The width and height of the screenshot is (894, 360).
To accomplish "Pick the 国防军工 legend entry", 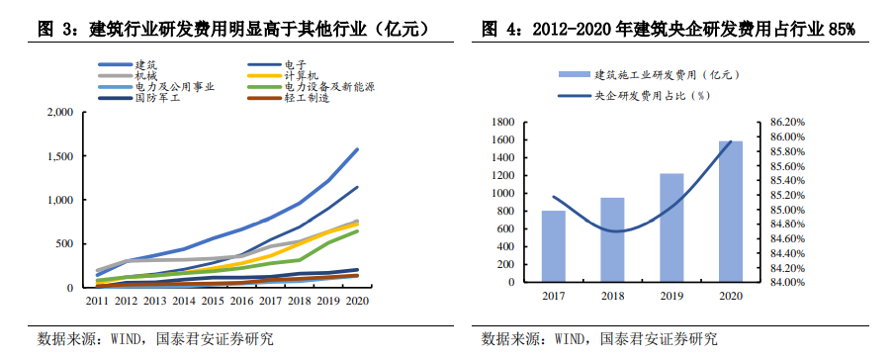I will click(158, 98).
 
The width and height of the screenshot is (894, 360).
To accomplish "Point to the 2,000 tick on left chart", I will click(60, 113).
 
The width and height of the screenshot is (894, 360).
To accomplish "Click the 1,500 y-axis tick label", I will click(60, 156).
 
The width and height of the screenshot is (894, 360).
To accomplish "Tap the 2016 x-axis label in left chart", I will click(241, 300).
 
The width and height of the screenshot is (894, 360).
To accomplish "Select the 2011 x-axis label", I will click(96, 300).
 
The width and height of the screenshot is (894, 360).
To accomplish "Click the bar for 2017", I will click(554, 246).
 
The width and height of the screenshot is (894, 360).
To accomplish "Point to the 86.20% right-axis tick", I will click(775, 123).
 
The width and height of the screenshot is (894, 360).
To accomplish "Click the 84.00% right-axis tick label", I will click(775, 282).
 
